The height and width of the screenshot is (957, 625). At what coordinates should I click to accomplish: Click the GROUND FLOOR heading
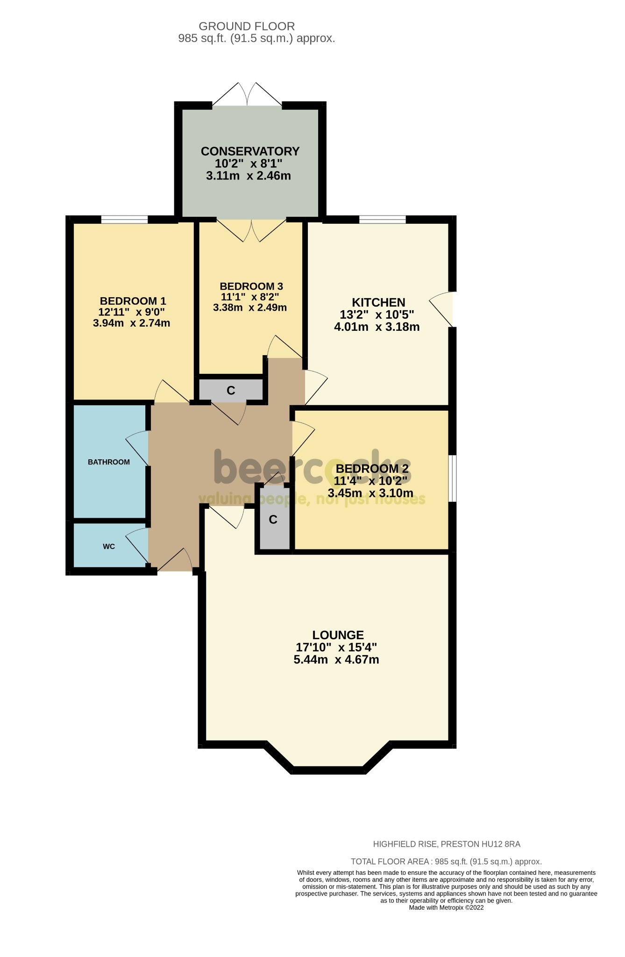pos(247,27)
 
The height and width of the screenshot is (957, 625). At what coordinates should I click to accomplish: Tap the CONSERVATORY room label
pos(250,151)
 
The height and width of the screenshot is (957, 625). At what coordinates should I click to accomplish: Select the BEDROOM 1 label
pos(133,301)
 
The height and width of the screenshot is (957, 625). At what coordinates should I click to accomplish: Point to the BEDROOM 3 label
pos(251,286)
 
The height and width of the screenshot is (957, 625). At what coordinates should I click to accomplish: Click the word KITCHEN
pos(378,302)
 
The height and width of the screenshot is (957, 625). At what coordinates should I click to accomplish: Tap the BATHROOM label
pos(109,462)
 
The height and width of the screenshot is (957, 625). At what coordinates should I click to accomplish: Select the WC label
pos(109,546)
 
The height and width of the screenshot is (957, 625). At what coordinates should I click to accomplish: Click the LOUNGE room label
pos(338,635)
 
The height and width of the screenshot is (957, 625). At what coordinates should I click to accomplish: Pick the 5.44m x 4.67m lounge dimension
pos(336,660)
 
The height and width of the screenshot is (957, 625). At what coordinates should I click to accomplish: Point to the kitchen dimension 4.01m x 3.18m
pos(376,327)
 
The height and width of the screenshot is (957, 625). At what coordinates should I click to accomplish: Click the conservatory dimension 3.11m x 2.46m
pos(249,176)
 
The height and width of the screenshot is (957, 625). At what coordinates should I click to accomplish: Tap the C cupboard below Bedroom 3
pos(231,390)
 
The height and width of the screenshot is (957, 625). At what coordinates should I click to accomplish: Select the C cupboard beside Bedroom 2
pos(273,520)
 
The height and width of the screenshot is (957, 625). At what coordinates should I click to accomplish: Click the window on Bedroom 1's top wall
pos(124,219)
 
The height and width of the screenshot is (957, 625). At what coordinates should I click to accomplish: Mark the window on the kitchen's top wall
pos(382,219)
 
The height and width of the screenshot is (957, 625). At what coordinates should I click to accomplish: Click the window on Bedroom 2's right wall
pos(453,478)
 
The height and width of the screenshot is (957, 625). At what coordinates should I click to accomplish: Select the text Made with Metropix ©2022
pos(446,907)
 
